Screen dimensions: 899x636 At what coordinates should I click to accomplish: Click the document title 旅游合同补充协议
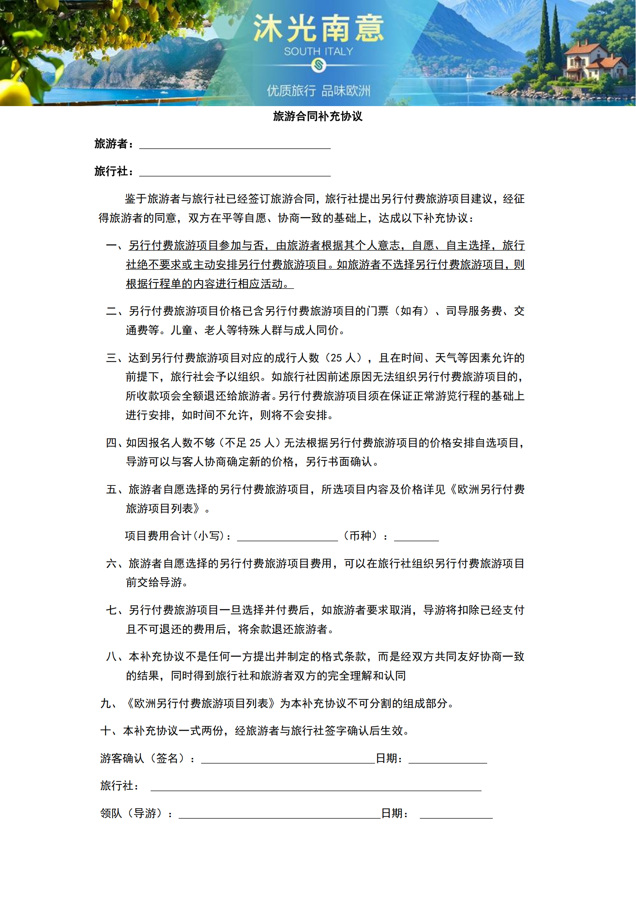(x=318, y=116)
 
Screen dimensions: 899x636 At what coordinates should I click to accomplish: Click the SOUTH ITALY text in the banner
(x=318, y=51)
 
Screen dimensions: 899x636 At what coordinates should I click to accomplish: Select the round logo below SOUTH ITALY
(x=318, y=65)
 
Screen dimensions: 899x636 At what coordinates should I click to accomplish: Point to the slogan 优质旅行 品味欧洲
(x=318, y=91)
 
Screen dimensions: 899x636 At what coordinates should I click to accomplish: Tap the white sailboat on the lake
(x=468, y=75)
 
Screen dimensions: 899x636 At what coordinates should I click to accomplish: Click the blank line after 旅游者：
(x=235, y=145)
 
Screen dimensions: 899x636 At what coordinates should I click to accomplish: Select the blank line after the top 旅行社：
(x=235, y=172)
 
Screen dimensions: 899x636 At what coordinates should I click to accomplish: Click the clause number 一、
(x=115, y=246)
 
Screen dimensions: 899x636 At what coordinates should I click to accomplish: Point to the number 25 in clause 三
(x=336, y=358)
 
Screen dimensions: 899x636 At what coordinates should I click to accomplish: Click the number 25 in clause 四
(x=255, y=443)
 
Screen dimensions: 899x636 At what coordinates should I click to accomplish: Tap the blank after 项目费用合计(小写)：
(x=287, y=537)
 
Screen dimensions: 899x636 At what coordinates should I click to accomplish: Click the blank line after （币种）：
(x=416, y=537)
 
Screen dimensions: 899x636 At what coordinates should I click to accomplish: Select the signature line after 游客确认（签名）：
(x=288, y=759)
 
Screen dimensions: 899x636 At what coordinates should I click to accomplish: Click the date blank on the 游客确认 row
(x=448, y=759)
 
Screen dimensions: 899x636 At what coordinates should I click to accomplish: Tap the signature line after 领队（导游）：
(x=280, y=815)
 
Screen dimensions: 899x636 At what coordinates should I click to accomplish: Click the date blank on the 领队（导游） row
(x=456, y=815)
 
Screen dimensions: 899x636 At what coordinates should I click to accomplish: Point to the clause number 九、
(x=108, y=704)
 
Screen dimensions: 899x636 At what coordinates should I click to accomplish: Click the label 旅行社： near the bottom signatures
(x=120, y=786)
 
